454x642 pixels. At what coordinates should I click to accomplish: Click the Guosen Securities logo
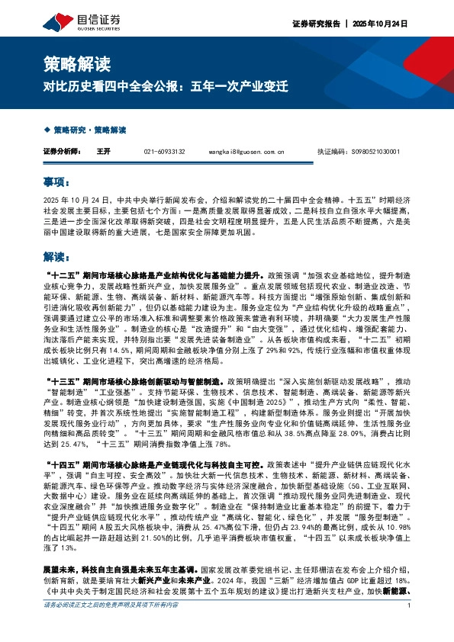pos(73,18)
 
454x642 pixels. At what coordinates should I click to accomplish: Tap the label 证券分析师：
pos(63,152)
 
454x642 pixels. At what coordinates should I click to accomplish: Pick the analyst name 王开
pos(104,152)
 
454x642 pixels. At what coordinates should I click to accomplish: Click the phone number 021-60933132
pos(165,152)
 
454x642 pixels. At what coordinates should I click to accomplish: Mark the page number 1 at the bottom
pos(410,626)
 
